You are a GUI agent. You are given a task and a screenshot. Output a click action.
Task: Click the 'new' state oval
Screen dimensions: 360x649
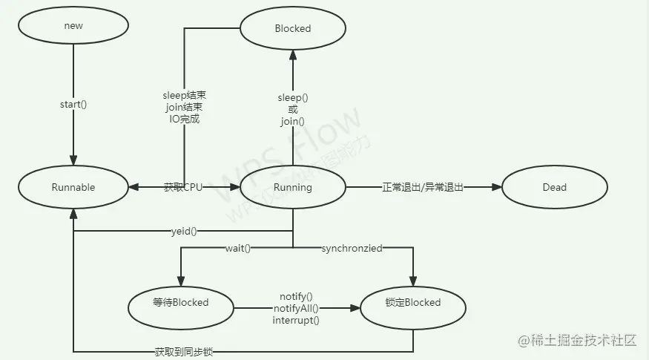[73, 25]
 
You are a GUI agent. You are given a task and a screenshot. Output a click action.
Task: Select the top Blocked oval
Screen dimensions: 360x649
[293, 28]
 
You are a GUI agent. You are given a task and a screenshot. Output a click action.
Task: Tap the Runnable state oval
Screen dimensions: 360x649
[73, 187]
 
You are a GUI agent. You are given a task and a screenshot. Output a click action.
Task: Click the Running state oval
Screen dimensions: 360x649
[293, 187]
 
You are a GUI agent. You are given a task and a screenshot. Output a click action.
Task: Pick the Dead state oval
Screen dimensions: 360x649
[554, 187]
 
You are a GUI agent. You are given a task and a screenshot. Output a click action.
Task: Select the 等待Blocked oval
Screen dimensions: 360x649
[180, 302]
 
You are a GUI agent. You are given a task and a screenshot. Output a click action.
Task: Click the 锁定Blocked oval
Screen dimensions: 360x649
[413, 302]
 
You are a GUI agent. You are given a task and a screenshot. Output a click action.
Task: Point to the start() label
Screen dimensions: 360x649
[73, 104]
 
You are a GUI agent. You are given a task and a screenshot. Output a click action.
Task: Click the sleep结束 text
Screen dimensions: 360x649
[184, 96]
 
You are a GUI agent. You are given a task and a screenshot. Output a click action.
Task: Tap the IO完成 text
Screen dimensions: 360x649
[184, 119]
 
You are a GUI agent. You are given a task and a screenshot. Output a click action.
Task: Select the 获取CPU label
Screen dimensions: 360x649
[182, 187]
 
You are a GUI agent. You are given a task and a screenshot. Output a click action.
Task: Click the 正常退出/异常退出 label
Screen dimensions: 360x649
[422, 187]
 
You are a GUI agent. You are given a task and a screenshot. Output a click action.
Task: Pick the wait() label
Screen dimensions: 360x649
[237, 248]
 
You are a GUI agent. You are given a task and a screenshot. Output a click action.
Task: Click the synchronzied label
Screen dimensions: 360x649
[352, 248]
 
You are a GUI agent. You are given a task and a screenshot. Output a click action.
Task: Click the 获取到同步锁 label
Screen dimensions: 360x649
[184, 351]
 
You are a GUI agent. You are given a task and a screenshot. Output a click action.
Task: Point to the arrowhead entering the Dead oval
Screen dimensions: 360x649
[497, 187]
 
